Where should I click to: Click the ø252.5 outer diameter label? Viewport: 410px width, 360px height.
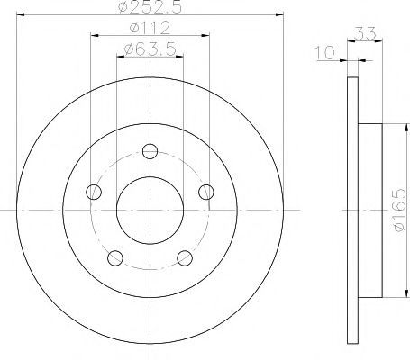(150, 6)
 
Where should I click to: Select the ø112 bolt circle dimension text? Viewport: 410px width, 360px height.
(150, 28)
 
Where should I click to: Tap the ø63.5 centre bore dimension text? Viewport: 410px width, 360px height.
(150, 49)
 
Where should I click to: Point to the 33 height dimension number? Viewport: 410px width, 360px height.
(365, 33)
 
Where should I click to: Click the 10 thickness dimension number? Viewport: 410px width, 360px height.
(324, 52)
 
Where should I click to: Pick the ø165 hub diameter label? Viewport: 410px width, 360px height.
(399, 210)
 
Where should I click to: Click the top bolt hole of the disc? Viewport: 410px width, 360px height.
(150, 151)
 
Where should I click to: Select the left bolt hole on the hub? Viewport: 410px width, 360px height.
(94, 192)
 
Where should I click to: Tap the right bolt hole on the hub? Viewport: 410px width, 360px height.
(206, 192)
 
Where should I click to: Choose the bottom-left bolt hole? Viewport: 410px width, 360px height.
(115, 258)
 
